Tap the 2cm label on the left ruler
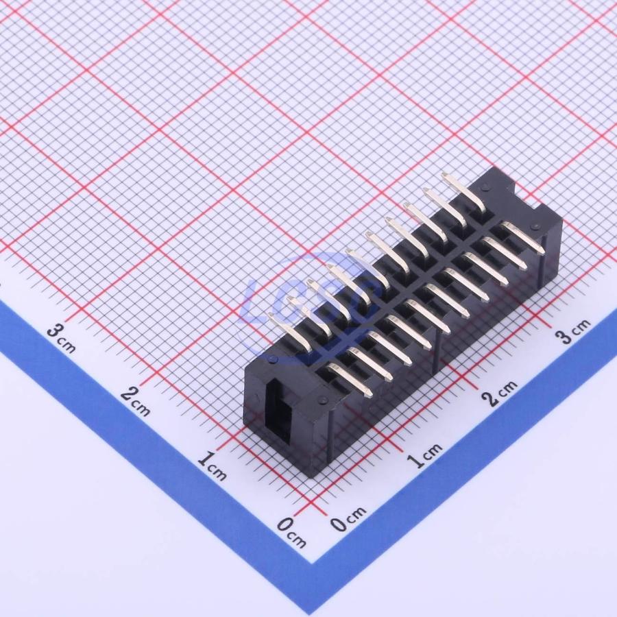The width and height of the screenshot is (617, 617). point(136,401)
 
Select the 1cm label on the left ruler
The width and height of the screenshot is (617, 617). point(213,466)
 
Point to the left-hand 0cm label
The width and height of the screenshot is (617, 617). point(291,533)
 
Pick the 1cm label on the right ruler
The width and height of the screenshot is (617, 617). point(425,455)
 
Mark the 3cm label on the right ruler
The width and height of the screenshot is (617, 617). point(573,331)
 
